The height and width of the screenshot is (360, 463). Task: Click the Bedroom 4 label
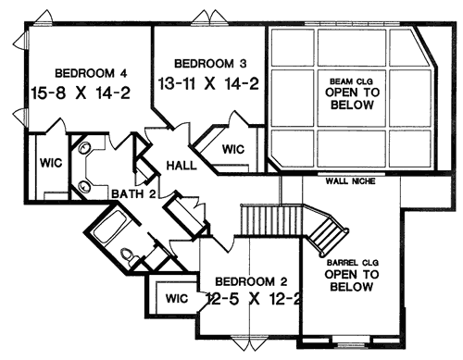91,73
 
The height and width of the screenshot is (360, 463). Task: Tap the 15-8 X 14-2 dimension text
81,93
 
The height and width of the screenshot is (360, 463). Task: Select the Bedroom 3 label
210,64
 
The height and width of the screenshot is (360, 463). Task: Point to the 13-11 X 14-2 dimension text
208,83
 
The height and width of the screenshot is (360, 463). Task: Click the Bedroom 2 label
251,281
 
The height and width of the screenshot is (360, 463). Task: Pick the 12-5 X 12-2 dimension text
253,299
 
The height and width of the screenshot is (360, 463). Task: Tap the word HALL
181,166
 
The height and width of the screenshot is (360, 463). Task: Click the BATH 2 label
133,194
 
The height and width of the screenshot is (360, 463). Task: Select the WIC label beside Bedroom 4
51,163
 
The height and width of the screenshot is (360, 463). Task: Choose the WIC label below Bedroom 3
233,149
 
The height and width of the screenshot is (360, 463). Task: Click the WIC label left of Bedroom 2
177,298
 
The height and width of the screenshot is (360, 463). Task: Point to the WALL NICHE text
351,181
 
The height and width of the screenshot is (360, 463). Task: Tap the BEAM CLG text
351,81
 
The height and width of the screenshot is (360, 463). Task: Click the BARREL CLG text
353,263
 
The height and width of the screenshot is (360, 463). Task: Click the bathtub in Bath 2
109,227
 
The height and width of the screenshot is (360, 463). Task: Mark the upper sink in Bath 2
83,149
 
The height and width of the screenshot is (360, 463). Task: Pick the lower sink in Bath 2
83,187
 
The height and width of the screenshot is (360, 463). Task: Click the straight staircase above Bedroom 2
271,221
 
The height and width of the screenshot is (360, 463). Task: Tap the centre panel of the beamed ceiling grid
352,98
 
